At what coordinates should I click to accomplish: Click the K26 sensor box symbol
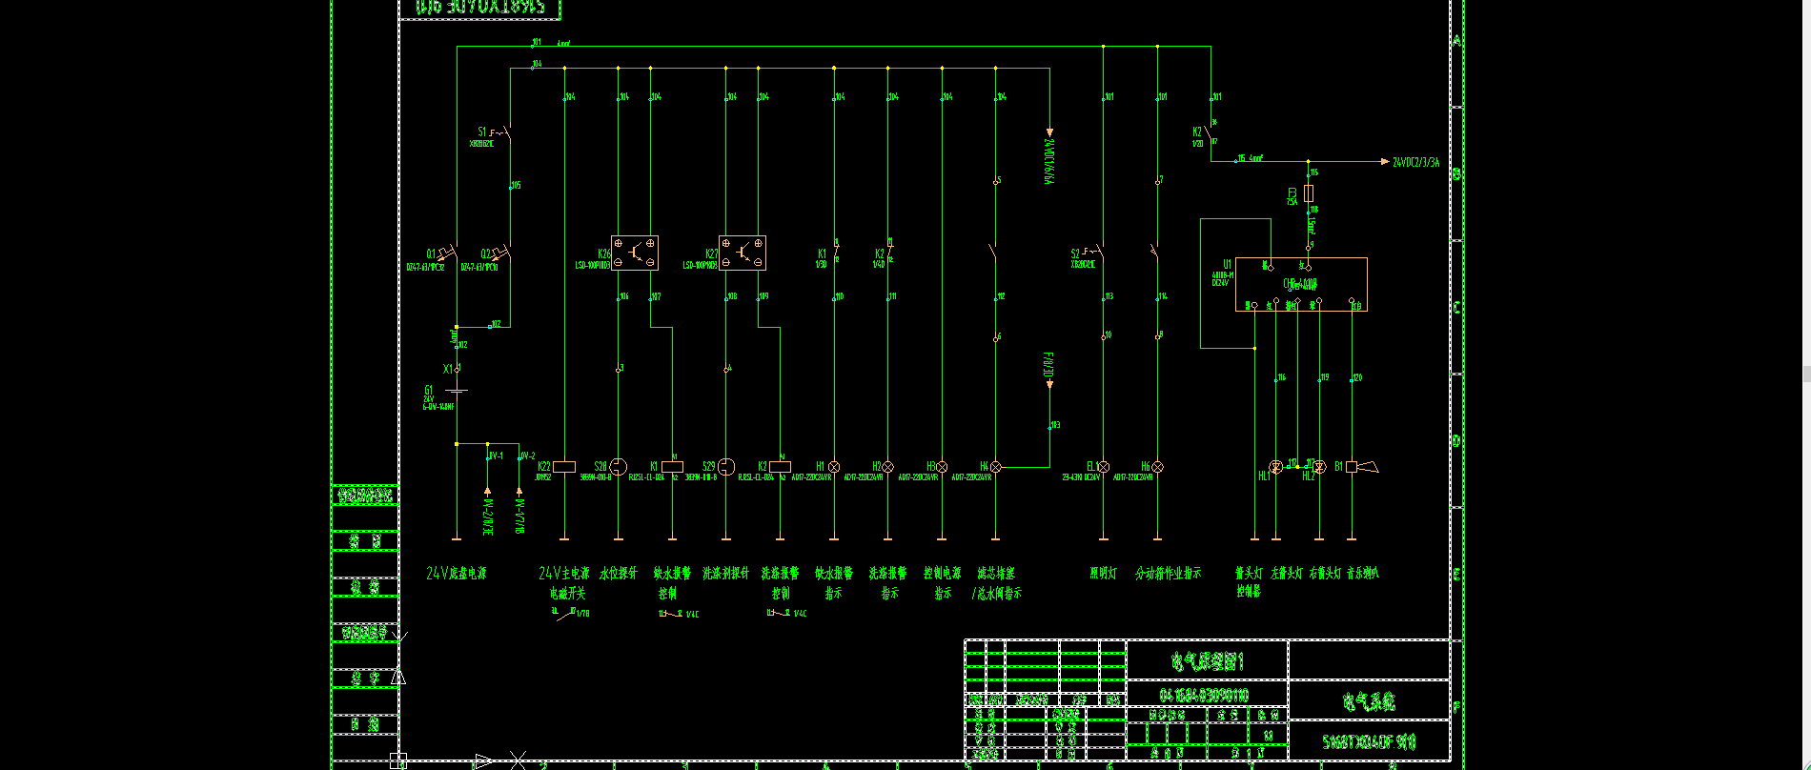tap(634, 253)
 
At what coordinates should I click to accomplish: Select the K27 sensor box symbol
tap(743, 253)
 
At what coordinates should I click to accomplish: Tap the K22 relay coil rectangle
tap(564, 467)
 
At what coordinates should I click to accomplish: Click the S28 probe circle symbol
tap(618, 467)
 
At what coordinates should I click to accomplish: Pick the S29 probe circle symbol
tap(726, 467)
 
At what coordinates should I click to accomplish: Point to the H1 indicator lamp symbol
tap(834, 467)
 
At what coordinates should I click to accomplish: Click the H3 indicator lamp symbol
tap(942, 467)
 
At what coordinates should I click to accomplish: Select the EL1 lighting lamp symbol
tap(1103, 467)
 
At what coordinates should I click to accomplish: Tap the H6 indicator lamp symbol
tap(1157, 467)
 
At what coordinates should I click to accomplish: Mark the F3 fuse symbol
tap(1309, 192)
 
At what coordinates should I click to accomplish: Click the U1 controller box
tap(1301, 284)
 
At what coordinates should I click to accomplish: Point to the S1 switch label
tap(482, 132)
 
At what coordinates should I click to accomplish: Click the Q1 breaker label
tap(431, 254)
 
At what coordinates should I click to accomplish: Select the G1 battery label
tap(429, 390)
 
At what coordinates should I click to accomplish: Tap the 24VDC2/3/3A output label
tap(1415, 163)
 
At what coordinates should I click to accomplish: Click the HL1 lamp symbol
tap(1276, 467)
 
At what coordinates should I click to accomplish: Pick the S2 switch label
tap(1075, 254)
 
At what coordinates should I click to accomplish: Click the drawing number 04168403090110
tap(1205, 695)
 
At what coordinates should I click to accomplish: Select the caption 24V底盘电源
tap(456, 574)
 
